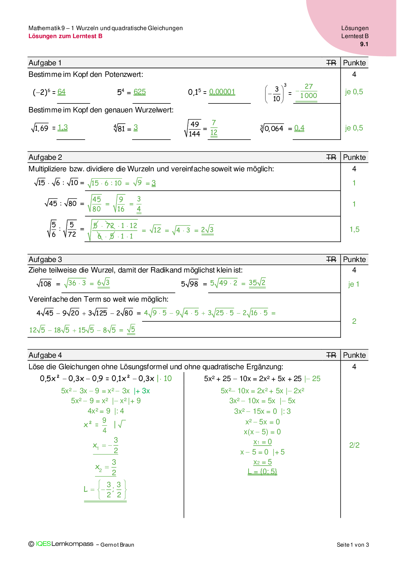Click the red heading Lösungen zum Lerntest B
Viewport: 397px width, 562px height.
[x=65, y=36]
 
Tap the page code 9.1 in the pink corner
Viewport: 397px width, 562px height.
[x=364, y=44]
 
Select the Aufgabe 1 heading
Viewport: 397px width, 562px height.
[x=45, y=63]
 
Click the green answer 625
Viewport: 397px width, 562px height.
[x=139, y=92]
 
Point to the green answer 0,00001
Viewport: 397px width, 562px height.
[x=222, y=92]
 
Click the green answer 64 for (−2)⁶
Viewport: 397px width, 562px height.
[x=61, y=92]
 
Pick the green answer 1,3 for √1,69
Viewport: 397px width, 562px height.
[x=63, y=127]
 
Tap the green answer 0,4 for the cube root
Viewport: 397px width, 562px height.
[x=299, y=128]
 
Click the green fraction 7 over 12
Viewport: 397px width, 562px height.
[x=214, y=128]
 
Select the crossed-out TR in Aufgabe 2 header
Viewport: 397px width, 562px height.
[x=331, y=157]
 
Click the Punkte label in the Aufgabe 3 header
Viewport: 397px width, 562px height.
[x=354, y=259]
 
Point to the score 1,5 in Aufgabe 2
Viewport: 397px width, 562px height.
[x=354, y=229]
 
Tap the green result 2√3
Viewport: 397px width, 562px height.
[x=207, y=230]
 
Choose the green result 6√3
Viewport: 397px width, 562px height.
[x=103, y=283]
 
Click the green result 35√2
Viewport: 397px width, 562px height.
[x=257, y=283]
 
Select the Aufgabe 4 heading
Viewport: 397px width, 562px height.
[x=45, y=355]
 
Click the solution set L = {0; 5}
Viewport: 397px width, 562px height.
[x=262, y=472]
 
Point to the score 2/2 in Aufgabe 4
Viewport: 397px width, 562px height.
[x=354, y=445]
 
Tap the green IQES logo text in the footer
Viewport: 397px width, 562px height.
[x=43, y=544]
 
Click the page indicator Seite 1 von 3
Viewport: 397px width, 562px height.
[x=353, y=545]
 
